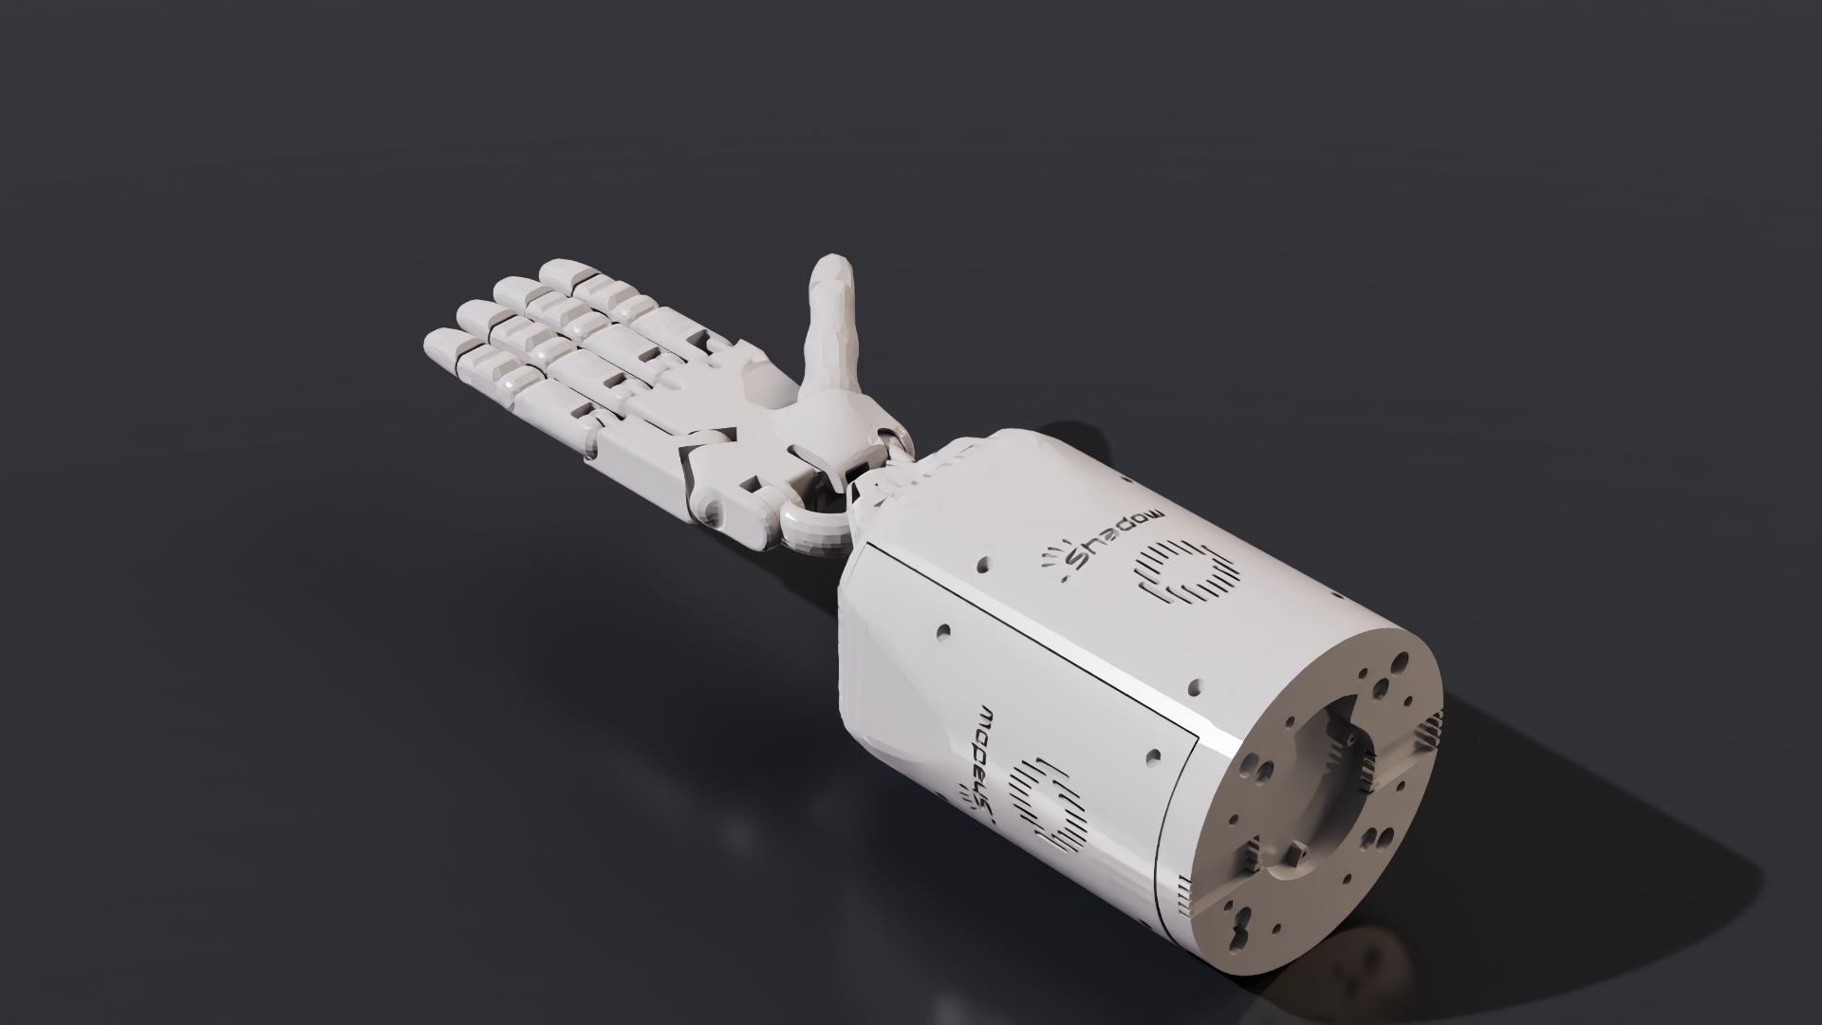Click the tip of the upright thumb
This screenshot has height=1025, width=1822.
(x=834, y=267)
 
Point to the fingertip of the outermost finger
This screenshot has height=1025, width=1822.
(x=438, y=343)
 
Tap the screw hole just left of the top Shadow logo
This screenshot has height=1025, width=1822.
(x=982, y=567)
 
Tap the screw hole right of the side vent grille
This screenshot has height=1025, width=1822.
(x=1152, y=756)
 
